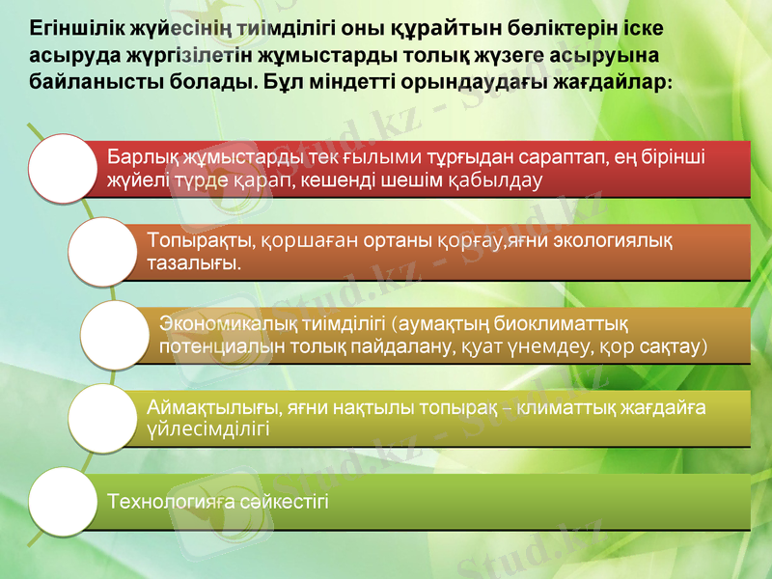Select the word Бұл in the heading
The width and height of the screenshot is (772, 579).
coord(280,80)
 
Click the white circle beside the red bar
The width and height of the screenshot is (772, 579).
coord(64,168)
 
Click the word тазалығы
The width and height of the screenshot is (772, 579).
coord(193,262)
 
